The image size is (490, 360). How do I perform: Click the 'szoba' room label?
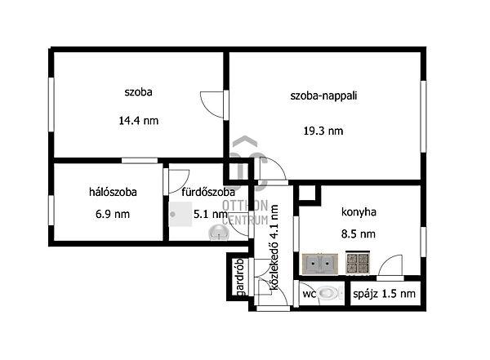[x=138, y=92]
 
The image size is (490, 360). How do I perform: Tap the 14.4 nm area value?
[x=138, y=120]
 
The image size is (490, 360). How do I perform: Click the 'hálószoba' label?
[x=113, y=193]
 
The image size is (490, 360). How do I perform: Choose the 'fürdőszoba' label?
[x=203, y=193]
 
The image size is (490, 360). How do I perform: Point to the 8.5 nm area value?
[x=358, y=233]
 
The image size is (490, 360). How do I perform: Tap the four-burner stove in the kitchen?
[x=358, y=263]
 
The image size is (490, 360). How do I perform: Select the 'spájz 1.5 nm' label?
[x=384, y=293]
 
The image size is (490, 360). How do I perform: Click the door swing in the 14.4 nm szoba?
[x=212, y=103]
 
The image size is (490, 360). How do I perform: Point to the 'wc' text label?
[x=310, y=293]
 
